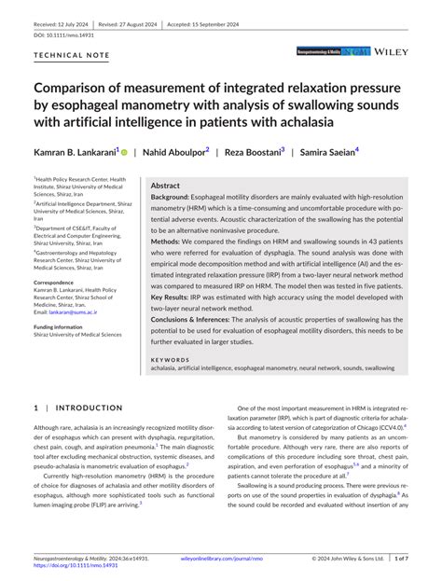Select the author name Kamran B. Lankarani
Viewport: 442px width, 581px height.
tap(77, 152)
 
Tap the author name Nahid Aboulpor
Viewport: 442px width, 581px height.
tap(173, 152)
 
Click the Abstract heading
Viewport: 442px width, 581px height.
tap(165, 186)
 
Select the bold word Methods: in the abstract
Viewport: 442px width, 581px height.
tap(167, 240)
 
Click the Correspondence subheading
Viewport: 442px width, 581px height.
tap(61, 282)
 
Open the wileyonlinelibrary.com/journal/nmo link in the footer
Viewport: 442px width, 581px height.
tap(220, 559)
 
